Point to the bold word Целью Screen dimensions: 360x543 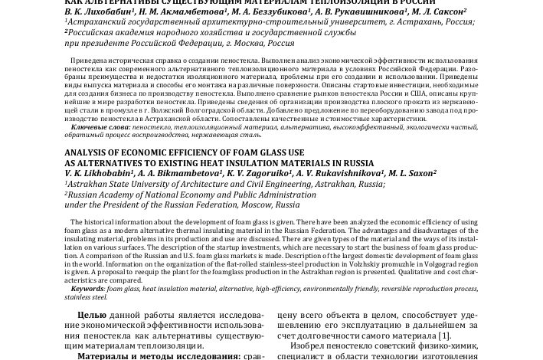point(92,315)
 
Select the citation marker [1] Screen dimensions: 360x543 point(444,335)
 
